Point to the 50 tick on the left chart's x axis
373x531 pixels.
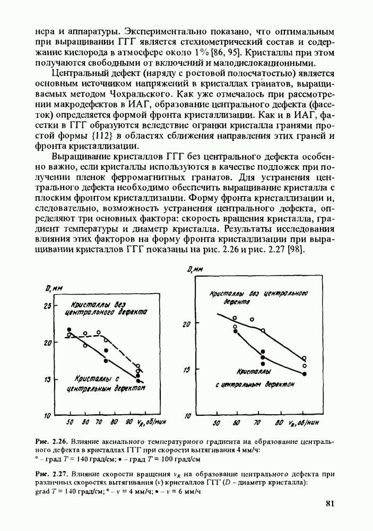(x=70, y=422)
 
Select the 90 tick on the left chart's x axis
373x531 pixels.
(x=129, y=422)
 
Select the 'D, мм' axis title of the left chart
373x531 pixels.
(x=51, y=289)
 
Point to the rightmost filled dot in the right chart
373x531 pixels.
(x=305, y=374)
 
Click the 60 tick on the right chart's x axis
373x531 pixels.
(x=236, y=424)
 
